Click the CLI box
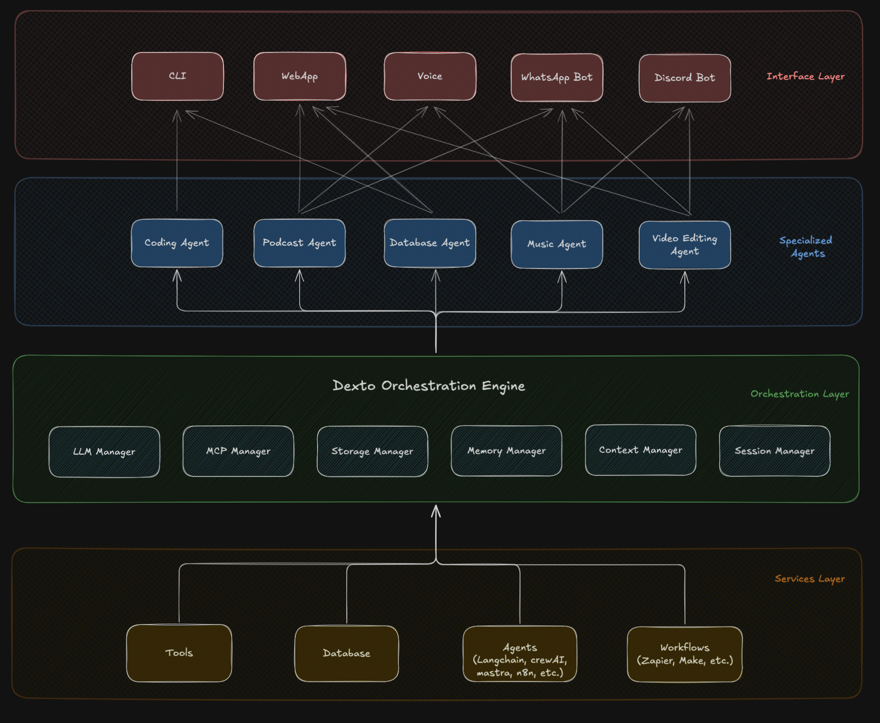(177, 76)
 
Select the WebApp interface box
(299, 76)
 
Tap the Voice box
(430, 76)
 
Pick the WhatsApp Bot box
(556, 77)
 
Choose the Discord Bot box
(684, 78)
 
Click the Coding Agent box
(177, 243)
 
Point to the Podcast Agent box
(299, 243)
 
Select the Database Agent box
(430, 243)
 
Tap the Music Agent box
(556, 244)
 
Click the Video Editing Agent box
(684, 245)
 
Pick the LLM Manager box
(104, 452)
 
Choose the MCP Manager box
(238, 451)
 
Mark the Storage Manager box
(372, 451)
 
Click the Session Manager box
(774, 451)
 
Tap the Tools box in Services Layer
(179, 653)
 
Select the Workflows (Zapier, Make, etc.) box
(684, 654)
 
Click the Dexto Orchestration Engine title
(429, 386)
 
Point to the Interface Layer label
(805, 76)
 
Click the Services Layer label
(810, 578)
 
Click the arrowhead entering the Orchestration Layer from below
(436, 511)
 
